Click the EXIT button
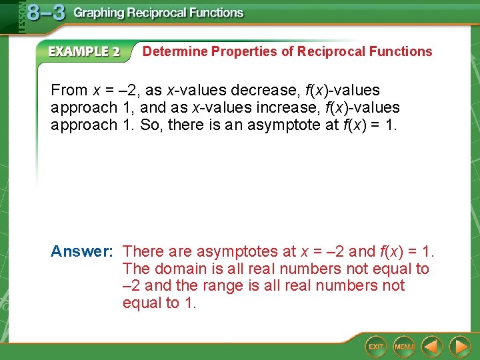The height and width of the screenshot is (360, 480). coord(377,346)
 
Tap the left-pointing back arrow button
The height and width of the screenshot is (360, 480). coord(433,346)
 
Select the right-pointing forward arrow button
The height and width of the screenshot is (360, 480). coord(459,346)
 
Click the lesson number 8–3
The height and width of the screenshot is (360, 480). coord(47,13)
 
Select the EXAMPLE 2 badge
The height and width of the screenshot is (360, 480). coord(84,52)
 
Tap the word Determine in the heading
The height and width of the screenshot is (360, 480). coord(175,51)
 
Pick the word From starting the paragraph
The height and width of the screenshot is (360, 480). coord(69,90)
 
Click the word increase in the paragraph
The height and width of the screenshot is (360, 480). coord(289,107)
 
